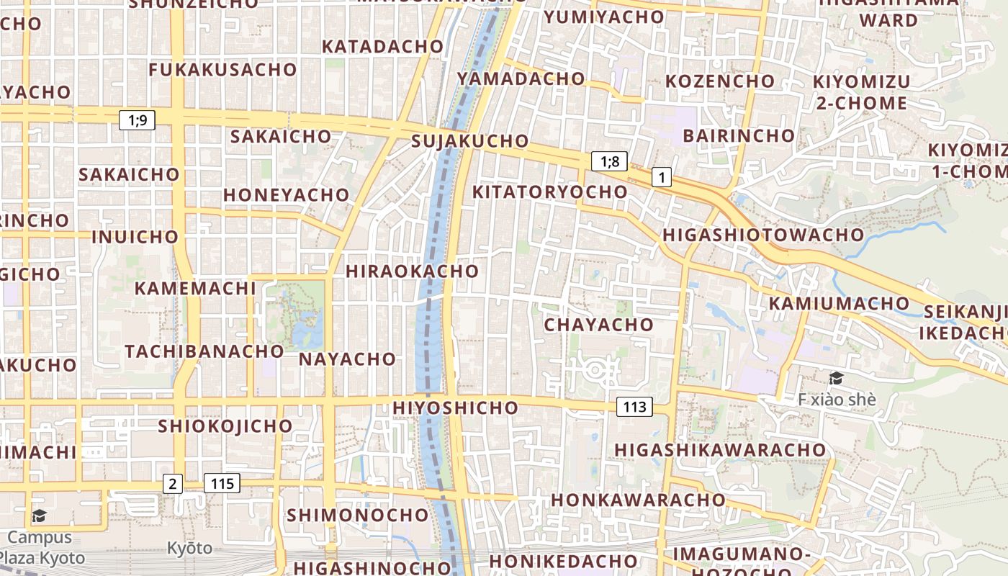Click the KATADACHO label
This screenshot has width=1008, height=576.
(x=382, y=46)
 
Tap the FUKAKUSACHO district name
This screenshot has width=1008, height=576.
(x=222, y=70)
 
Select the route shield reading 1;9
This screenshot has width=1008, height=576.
(x=137, y=120)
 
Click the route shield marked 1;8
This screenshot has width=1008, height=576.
(x=609, y=161)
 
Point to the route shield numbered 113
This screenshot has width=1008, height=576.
(x=634, y=407)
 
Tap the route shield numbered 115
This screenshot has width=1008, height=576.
(x=222, y=483)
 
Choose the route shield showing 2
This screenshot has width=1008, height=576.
(x=172, y=483)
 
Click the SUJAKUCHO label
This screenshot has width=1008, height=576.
(x=470, y=141)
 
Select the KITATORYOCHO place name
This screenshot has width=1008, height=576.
(x=550, y=192)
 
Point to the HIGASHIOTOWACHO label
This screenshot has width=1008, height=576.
(x=762, y=235)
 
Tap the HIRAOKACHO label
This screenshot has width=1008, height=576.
(x=412, y=271)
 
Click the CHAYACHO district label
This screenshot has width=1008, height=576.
(x=598, y=325)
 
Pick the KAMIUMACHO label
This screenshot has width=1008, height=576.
(x=839, y=303)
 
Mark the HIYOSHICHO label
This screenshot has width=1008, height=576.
(x=455, y=408)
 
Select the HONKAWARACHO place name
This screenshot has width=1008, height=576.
(x=638, y=500)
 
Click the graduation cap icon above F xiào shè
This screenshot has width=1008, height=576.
(x=836, y=378)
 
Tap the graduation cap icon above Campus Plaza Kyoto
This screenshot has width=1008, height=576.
(x=39, y=516)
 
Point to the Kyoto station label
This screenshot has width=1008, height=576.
(x=190, y=548)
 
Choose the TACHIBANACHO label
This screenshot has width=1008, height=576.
(x=204, y=351)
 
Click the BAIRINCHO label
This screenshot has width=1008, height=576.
(x=739, y=135)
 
